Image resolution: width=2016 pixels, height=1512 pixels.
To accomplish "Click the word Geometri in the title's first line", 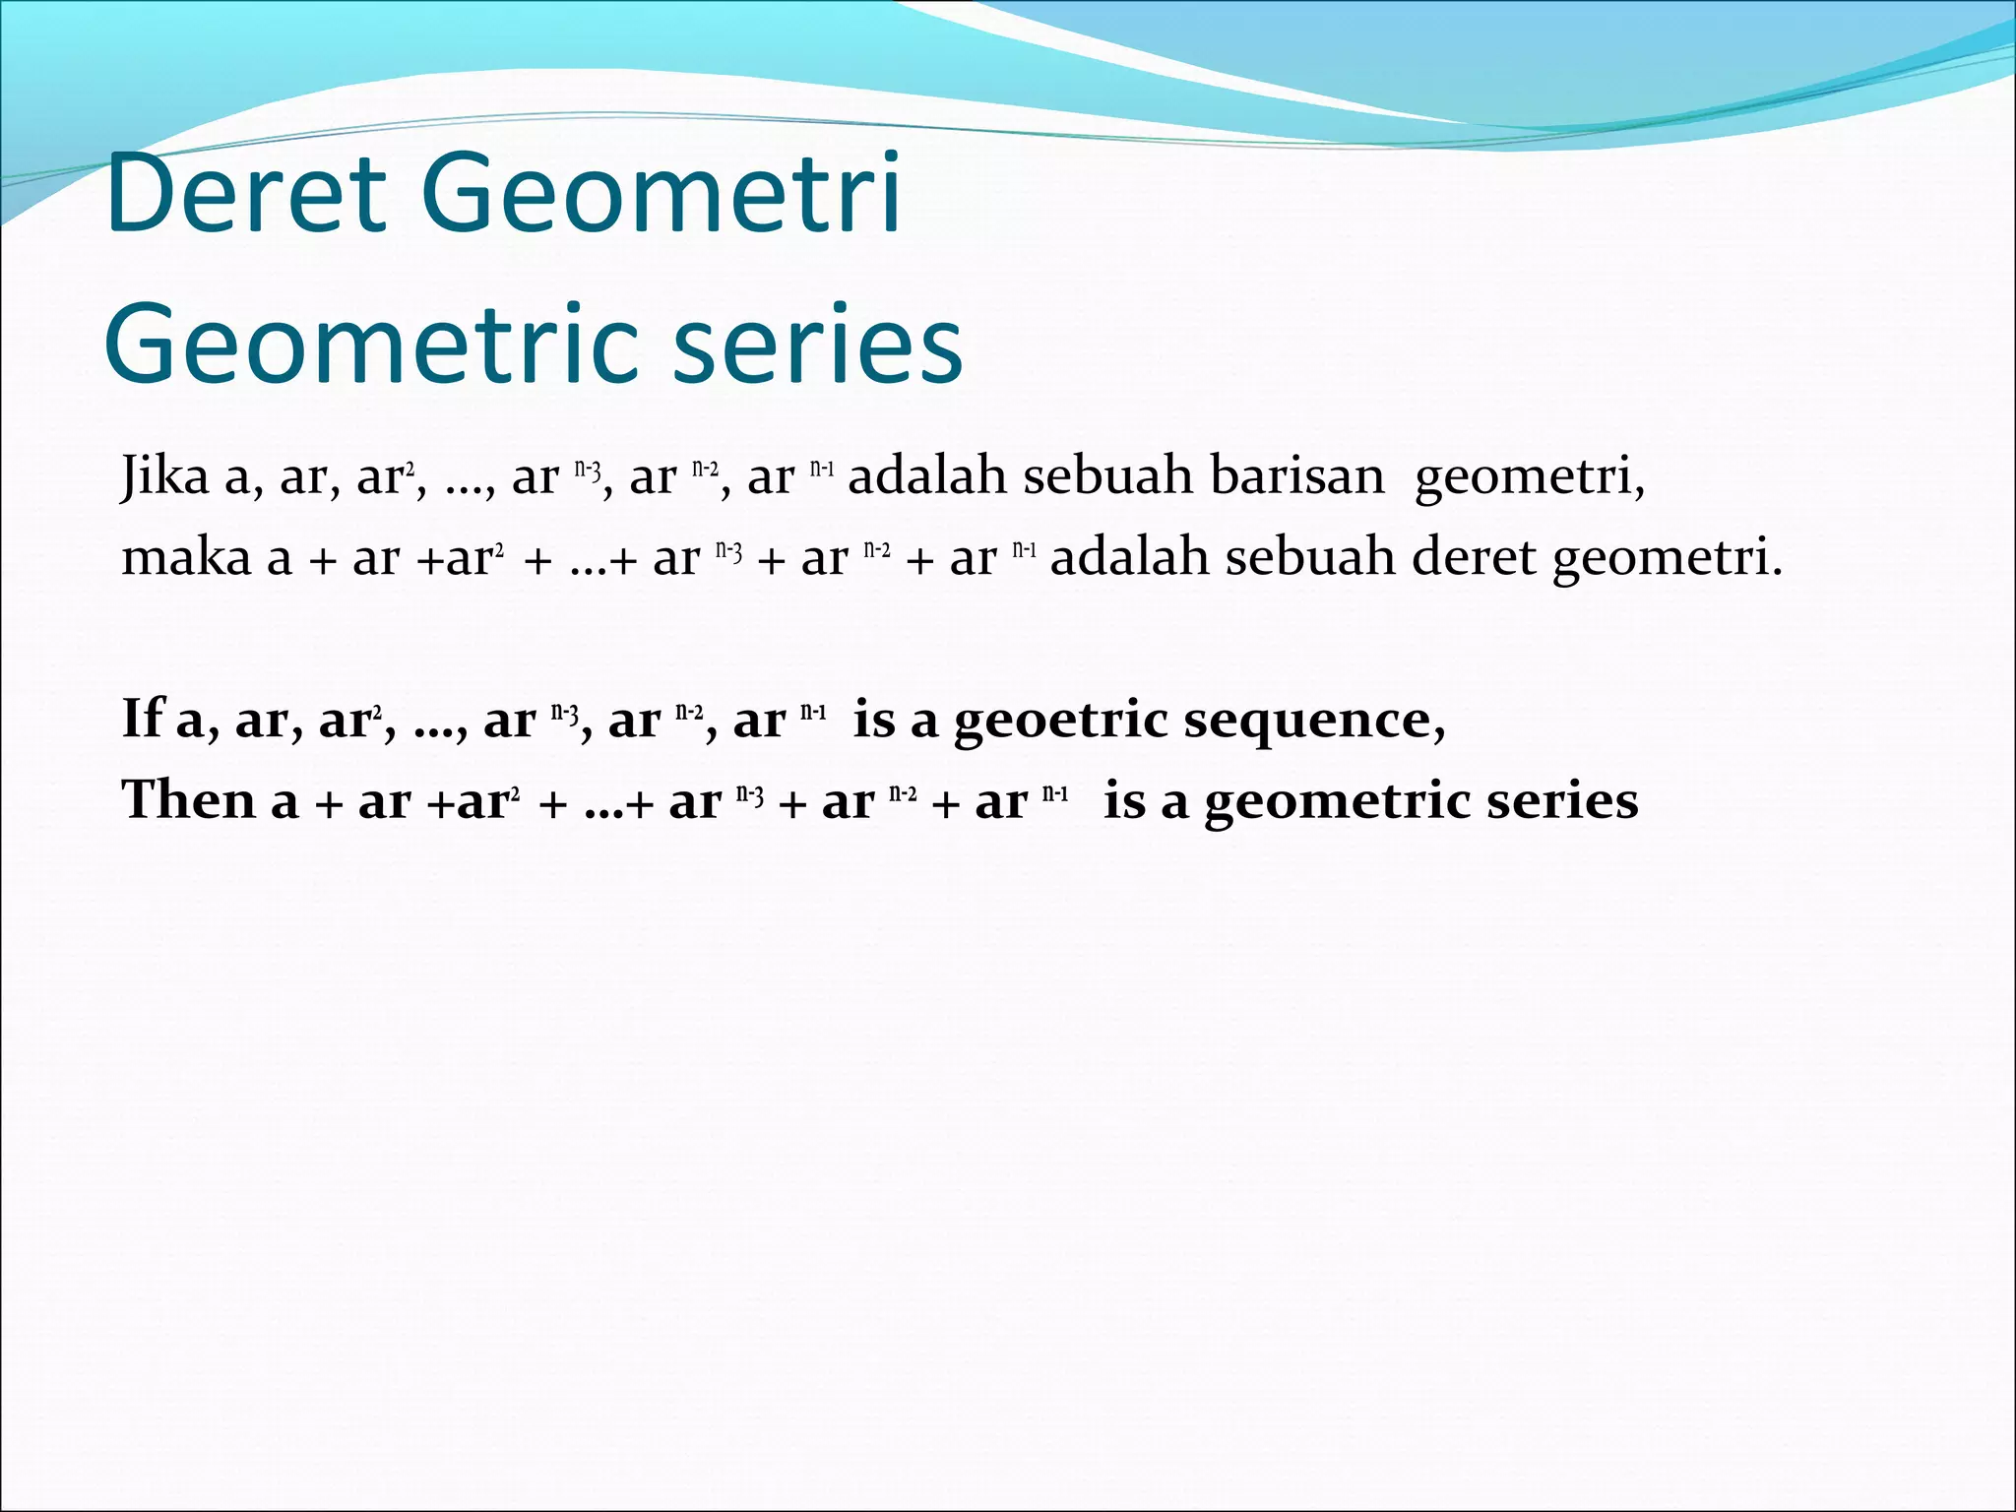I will point(661,194).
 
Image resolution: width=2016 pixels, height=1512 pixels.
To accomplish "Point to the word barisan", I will point(1296,476).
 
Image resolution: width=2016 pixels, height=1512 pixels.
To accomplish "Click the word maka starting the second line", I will point(186,558).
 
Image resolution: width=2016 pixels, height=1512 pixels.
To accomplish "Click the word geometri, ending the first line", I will point(1530,478).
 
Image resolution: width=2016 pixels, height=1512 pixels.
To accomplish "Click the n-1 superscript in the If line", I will point(813,712).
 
